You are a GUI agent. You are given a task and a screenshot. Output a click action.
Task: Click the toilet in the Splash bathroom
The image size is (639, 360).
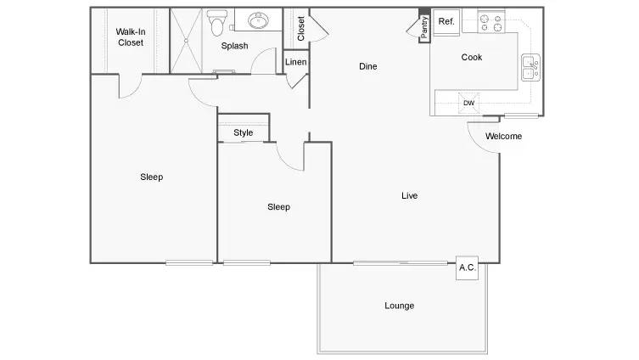[216, 22]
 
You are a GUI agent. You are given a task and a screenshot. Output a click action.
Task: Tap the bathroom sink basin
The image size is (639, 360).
[258, 20]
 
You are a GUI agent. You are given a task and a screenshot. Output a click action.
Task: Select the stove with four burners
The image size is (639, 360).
[491, 22]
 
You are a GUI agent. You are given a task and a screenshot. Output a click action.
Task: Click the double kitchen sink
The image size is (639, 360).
[531, 67]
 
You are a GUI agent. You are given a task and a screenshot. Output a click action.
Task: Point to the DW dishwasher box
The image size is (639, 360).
[468, 103]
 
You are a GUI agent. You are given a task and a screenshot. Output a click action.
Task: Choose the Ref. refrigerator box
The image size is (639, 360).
[446, 22]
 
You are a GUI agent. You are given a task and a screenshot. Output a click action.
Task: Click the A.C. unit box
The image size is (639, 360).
[467, 267]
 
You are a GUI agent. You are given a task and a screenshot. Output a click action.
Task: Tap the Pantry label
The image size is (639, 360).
[424, 27]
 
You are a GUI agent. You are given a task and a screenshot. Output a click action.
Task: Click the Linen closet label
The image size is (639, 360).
[296, 62]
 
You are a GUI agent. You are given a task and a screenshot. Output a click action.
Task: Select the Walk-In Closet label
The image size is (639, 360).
[131, 37]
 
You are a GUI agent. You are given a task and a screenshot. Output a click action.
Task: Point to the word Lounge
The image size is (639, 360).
[400, 306]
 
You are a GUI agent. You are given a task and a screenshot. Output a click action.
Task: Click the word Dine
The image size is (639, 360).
[368, 66]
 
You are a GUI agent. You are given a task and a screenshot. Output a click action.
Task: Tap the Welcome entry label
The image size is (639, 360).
[504, 136]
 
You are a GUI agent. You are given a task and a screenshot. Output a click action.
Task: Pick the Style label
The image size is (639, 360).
[244, 133]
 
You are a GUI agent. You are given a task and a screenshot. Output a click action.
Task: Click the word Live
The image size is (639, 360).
[410, 195]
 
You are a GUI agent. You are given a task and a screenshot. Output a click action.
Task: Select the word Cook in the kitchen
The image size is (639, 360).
[472, 57]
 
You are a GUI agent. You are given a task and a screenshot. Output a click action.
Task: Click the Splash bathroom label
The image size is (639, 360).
[235, 46]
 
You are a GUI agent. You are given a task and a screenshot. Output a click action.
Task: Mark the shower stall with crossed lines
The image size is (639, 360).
[186, 41]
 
